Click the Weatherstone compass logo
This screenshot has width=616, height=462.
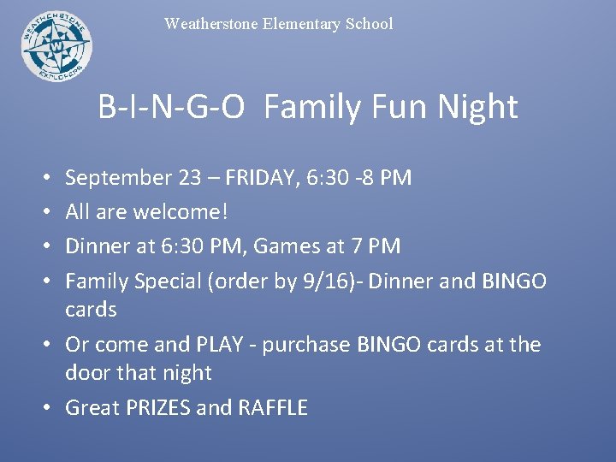click(x=56, y=46)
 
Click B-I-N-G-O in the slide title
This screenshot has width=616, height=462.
click(x=172, y=108)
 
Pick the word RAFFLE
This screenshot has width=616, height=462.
click(x=274, y=407)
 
